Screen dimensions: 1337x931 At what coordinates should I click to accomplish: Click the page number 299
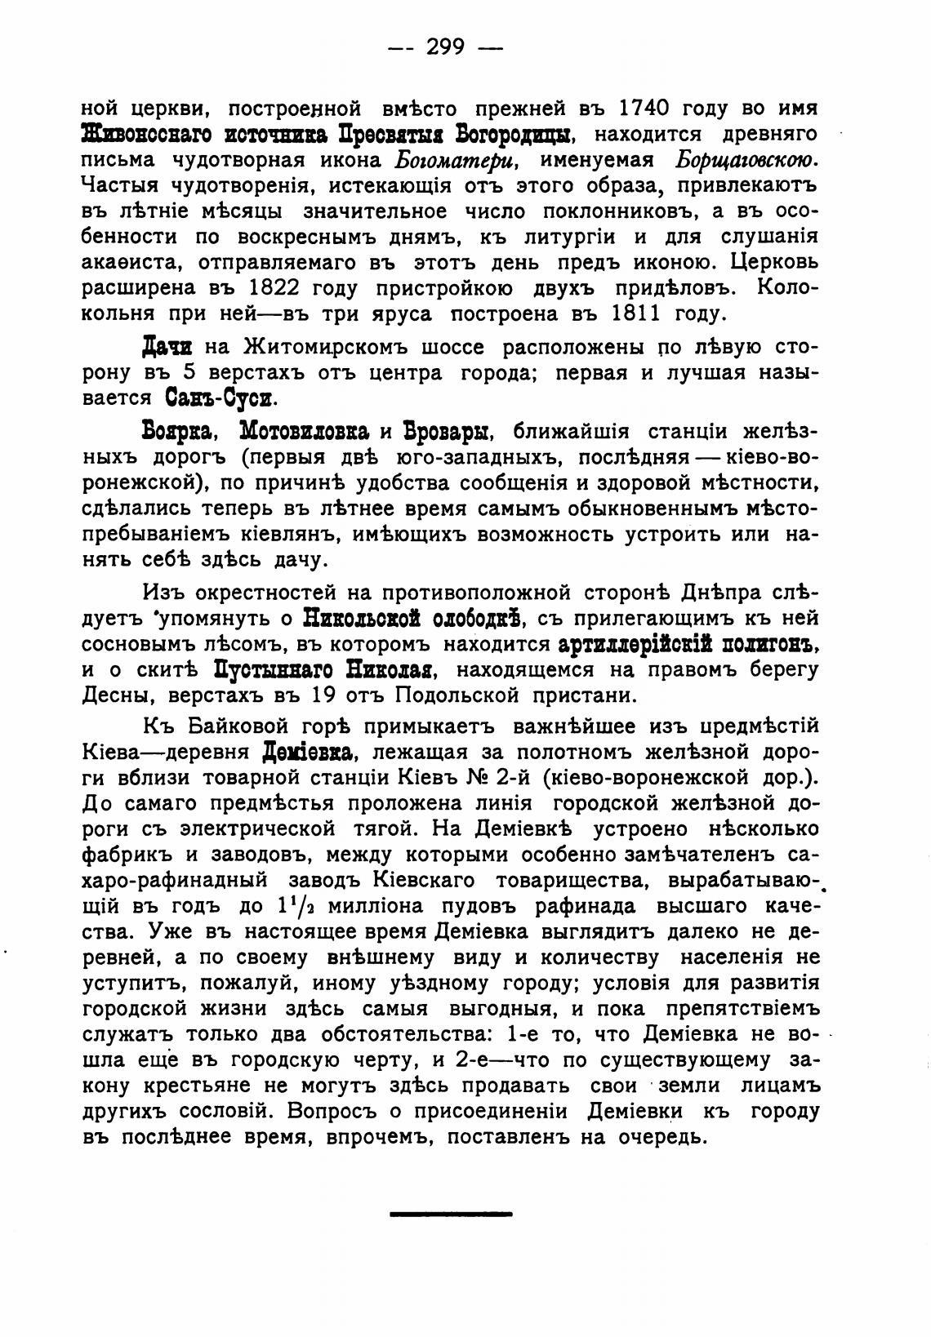point(445,47)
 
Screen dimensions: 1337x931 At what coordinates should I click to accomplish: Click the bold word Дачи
point(167,347)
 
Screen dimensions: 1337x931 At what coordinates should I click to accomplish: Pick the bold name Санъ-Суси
point(221,399)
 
